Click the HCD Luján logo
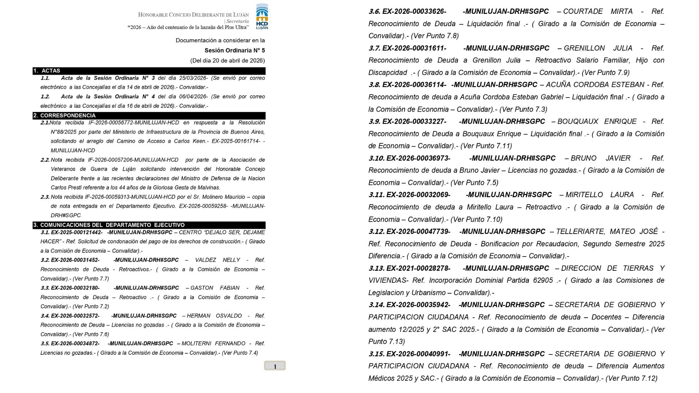pos(262,17)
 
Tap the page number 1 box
pos(275,366)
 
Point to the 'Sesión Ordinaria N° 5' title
pos(234,50)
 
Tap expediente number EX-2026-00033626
pos(414,11)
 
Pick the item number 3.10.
pos(376,158)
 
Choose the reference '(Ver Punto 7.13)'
pos(517,335)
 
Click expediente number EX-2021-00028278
pos(418,268)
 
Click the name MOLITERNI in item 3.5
pos(197,343)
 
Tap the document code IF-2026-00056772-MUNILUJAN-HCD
pos(133,123)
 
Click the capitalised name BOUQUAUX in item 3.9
pos(578,121)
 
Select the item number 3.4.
pos(45,315)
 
